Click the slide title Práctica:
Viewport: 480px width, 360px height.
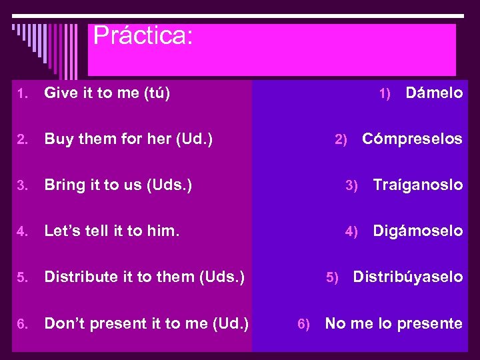pyautogui.click(x=143, y=35)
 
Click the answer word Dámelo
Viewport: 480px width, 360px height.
pyautogui.click(x=434, y=93)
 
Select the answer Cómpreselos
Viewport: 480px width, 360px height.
pyautogui.click(x=412, y=139)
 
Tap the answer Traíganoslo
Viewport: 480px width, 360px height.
pyautogui.click(x=417, y=185)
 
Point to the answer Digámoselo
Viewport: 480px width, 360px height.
pyautogui.click(x=417, y=231)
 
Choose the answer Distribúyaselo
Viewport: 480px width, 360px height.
pyautogui.click(x=407, y=277)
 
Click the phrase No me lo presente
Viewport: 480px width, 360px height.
pyautogui.click(x=393, y=323)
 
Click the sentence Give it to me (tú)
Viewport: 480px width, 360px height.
pyautogui.click(x=107, y=93)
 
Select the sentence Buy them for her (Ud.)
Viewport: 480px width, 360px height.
pyautogui.click(x=128, y=139)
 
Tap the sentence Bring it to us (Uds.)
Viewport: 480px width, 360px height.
pyautogui.click(x=118, y=185)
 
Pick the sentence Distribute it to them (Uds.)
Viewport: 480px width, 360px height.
pyautogui.click(x=144, y=277)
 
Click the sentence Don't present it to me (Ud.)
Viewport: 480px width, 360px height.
pyautogui.click(x=146, y=323)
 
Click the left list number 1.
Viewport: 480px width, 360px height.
pyautogui.click(x=22, y=94)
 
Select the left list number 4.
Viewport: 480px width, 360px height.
pyautogui.click(x=22, y=232)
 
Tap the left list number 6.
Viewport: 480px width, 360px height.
pyautogui.click(x=22, y=324)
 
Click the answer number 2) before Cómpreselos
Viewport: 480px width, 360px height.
pyautogui.click(x=341, y=140)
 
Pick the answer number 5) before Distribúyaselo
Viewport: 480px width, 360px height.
pyautogui.click(x=332, y=277)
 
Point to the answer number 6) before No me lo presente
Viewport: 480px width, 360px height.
pyautogui.click(x=303, y=324)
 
